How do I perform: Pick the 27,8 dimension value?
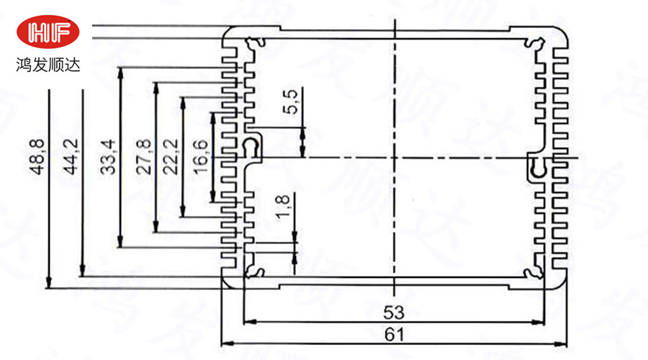click(145, 157)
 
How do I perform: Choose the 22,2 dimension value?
click(173, 158)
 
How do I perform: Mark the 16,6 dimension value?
click(202, 158)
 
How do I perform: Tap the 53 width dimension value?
click(392, 313)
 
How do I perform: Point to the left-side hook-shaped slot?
click(251, 148)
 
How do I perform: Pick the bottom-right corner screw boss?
click(534, 271)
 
